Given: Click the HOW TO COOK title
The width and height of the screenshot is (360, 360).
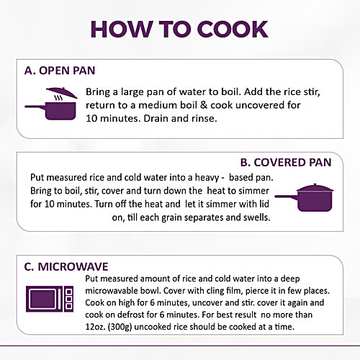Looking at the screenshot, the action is (x=179, y=30).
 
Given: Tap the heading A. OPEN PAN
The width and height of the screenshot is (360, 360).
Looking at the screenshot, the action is (x=60, y=71).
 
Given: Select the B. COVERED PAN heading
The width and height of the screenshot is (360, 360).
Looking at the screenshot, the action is (x=286, y=163).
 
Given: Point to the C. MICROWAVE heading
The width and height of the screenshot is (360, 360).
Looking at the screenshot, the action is (x=66, y=267).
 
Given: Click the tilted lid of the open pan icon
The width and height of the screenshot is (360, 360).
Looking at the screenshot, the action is (x=62, y=92).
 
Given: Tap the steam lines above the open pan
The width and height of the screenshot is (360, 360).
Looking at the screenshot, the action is (x=58, y=98).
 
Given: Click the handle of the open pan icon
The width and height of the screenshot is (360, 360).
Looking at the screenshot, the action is (x=35, y=107).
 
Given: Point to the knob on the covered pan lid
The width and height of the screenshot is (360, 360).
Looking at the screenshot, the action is (x=315, y=185).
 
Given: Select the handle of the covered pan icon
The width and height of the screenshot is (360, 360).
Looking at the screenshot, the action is (x=287, y=197).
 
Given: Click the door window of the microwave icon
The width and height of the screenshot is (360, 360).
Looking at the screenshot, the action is (x=42, y=299).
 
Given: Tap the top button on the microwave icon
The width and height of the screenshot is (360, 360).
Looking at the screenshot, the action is (x=69, y=292).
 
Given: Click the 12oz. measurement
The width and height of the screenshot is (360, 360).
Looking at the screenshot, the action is (x=96, y=327).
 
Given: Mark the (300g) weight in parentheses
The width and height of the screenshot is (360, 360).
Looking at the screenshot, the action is (x=120, y=327).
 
